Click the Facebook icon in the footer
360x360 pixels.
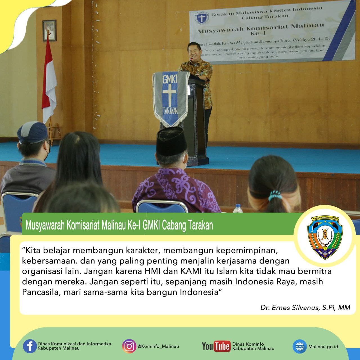click(30, 346)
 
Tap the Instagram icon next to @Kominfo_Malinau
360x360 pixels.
click(129, 346)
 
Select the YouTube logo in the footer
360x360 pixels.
click(216, 346)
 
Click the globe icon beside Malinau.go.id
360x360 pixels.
click(299, 346)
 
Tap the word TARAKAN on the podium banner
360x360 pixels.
click(170, 111)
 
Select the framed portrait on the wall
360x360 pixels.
click(49, 30)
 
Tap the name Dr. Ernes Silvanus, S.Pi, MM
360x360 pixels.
click(305, 307)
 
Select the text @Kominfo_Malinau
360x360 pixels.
click(158, 346)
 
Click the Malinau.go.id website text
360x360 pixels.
click(323, 346)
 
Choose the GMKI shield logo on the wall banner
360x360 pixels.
click(201, 17)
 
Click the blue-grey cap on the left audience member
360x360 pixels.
click(32, 132)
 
